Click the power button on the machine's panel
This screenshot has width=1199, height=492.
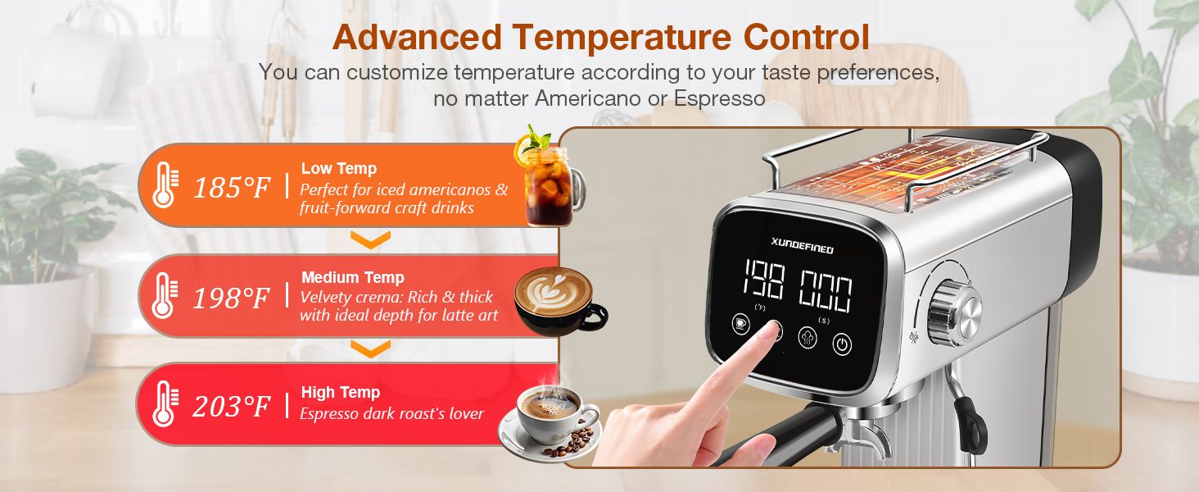(x=842, y=344)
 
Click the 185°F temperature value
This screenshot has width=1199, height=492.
(x=231, y=188)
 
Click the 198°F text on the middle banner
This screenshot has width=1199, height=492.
(x=231, y=298)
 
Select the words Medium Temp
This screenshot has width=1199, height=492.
(x=352, y=277)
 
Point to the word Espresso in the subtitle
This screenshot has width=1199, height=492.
(x=719, y=99)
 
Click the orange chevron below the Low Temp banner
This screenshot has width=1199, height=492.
(x=370, y=239)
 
